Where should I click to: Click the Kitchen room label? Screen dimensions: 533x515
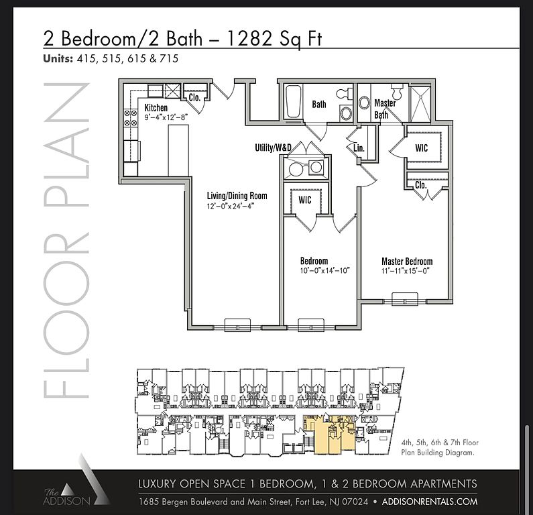pos(156,108)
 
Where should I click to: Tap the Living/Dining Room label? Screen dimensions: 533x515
pos(237,196)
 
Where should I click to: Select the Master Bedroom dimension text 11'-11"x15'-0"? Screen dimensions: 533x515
pos(406,272)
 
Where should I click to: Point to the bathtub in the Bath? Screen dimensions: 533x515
pos(294,101)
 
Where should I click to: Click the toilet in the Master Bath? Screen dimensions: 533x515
pos(397,91)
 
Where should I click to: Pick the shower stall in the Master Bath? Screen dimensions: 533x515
pos(420,104)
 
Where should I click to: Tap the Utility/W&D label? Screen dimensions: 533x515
pos(274,148)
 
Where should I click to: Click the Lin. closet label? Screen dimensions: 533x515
pos(359,148)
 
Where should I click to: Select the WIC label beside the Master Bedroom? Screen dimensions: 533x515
pos(422,148)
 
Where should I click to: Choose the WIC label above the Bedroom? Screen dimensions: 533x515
pos(305,200)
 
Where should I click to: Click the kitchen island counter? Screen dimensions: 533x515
pos(178,150)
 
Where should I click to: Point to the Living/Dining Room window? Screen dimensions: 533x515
pos(237,325)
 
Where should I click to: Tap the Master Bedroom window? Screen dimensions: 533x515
pos(404,299)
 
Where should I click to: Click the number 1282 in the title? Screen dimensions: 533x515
pos(249,38)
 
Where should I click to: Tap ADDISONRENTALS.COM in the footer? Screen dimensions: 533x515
pos(430,502)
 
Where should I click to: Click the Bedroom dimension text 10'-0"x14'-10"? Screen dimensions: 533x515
pos(324,271)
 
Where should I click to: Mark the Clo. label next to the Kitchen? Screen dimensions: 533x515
pos(194,98)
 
